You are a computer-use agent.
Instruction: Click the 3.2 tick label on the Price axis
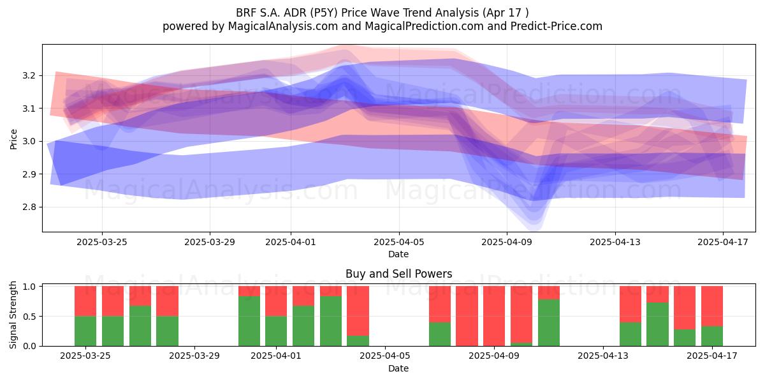click(x=29, y=75)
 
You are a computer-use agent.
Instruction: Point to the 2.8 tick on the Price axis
click(x=29, y=207)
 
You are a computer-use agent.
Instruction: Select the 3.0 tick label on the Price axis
click(x=29, y=141)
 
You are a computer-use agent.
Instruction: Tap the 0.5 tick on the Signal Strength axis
click(x=29, y=317)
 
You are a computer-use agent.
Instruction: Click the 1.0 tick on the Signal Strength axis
click(x=29, y=286)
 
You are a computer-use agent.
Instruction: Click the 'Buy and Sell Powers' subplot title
click(x=398, y=274)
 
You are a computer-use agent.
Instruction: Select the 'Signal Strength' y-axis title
click(x=13, y=315)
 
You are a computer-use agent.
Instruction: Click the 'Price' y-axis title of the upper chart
click(x=13, y=139)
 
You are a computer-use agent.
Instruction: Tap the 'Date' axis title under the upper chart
click(x=398, y=254)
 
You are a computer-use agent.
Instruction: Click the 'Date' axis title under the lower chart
click(x=398, y=368)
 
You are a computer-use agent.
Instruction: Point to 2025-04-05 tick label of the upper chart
click(x=398, y=242)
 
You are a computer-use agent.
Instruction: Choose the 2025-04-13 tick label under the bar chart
click(x=603, y=356)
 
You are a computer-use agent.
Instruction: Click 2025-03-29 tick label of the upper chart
click(x=210, y=242)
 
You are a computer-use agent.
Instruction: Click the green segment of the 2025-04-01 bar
click(x=276, y=331)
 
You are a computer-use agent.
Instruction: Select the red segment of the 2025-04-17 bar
click(x=712, y=306)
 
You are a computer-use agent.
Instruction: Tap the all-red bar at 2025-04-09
click(x=494, y=316)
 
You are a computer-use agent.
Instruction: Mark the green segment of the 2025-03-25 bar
click(x=85, y=331)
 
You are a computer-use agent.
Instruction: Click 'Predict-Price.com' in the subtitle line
click(x=557, y=26)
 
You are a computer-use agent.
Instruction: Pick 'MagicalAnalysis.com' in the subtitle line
click(x=283, y=26)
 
